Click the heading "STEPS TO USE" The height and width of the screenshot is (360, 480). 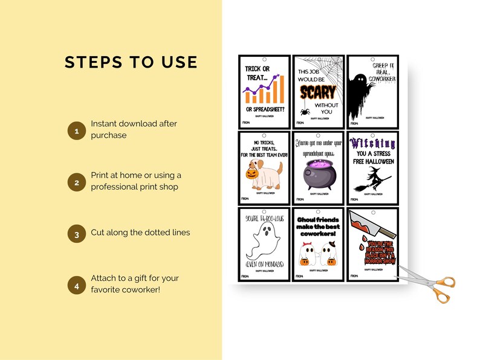click(131, 62)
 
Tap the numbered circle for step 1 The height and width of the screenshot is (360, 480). click(76, 130)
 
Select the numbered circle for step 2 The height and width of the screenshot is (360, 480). click(76, 182)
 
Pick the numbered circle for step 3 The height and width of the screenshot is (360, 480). click(76, 234)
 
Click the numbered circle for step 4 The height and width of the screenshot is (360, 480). click(76, 286)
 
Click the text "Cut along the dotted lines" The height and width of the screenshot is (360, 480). click(140, 233)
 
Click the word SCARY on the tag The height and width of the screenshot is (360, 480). click(318, 94)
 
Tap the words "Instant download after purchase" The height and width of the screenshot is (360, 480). click(134, 129)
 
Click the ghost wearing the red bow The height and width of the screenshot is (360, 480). click(308, 254)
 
